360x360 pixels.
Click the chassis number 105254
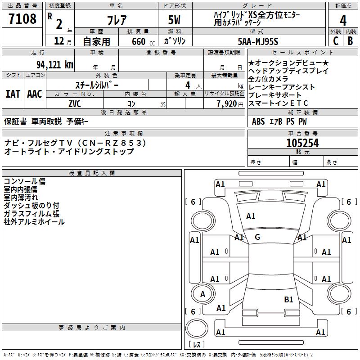coord(302,143)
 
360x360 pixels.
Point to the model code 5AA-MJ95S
coord(258,41)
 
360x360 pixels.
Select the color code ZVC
coord(75,103)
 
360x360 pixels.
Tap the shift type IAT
coord(13,94)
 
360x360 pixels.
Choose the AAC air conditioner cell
coord(34,94)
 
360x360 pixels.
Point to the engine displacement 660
coord(138,41)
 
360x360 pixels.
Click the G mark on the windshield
coord(257,237)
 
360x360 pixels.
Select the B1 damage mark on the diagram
coord(288,299)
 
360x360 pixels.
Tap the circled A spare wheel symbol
coord(202,294)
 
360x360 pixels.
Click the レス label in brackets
coord(196,344)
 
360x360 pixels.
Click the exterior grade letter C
coord(335,41)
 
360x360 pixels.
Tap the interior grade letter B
coord(350,41)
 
